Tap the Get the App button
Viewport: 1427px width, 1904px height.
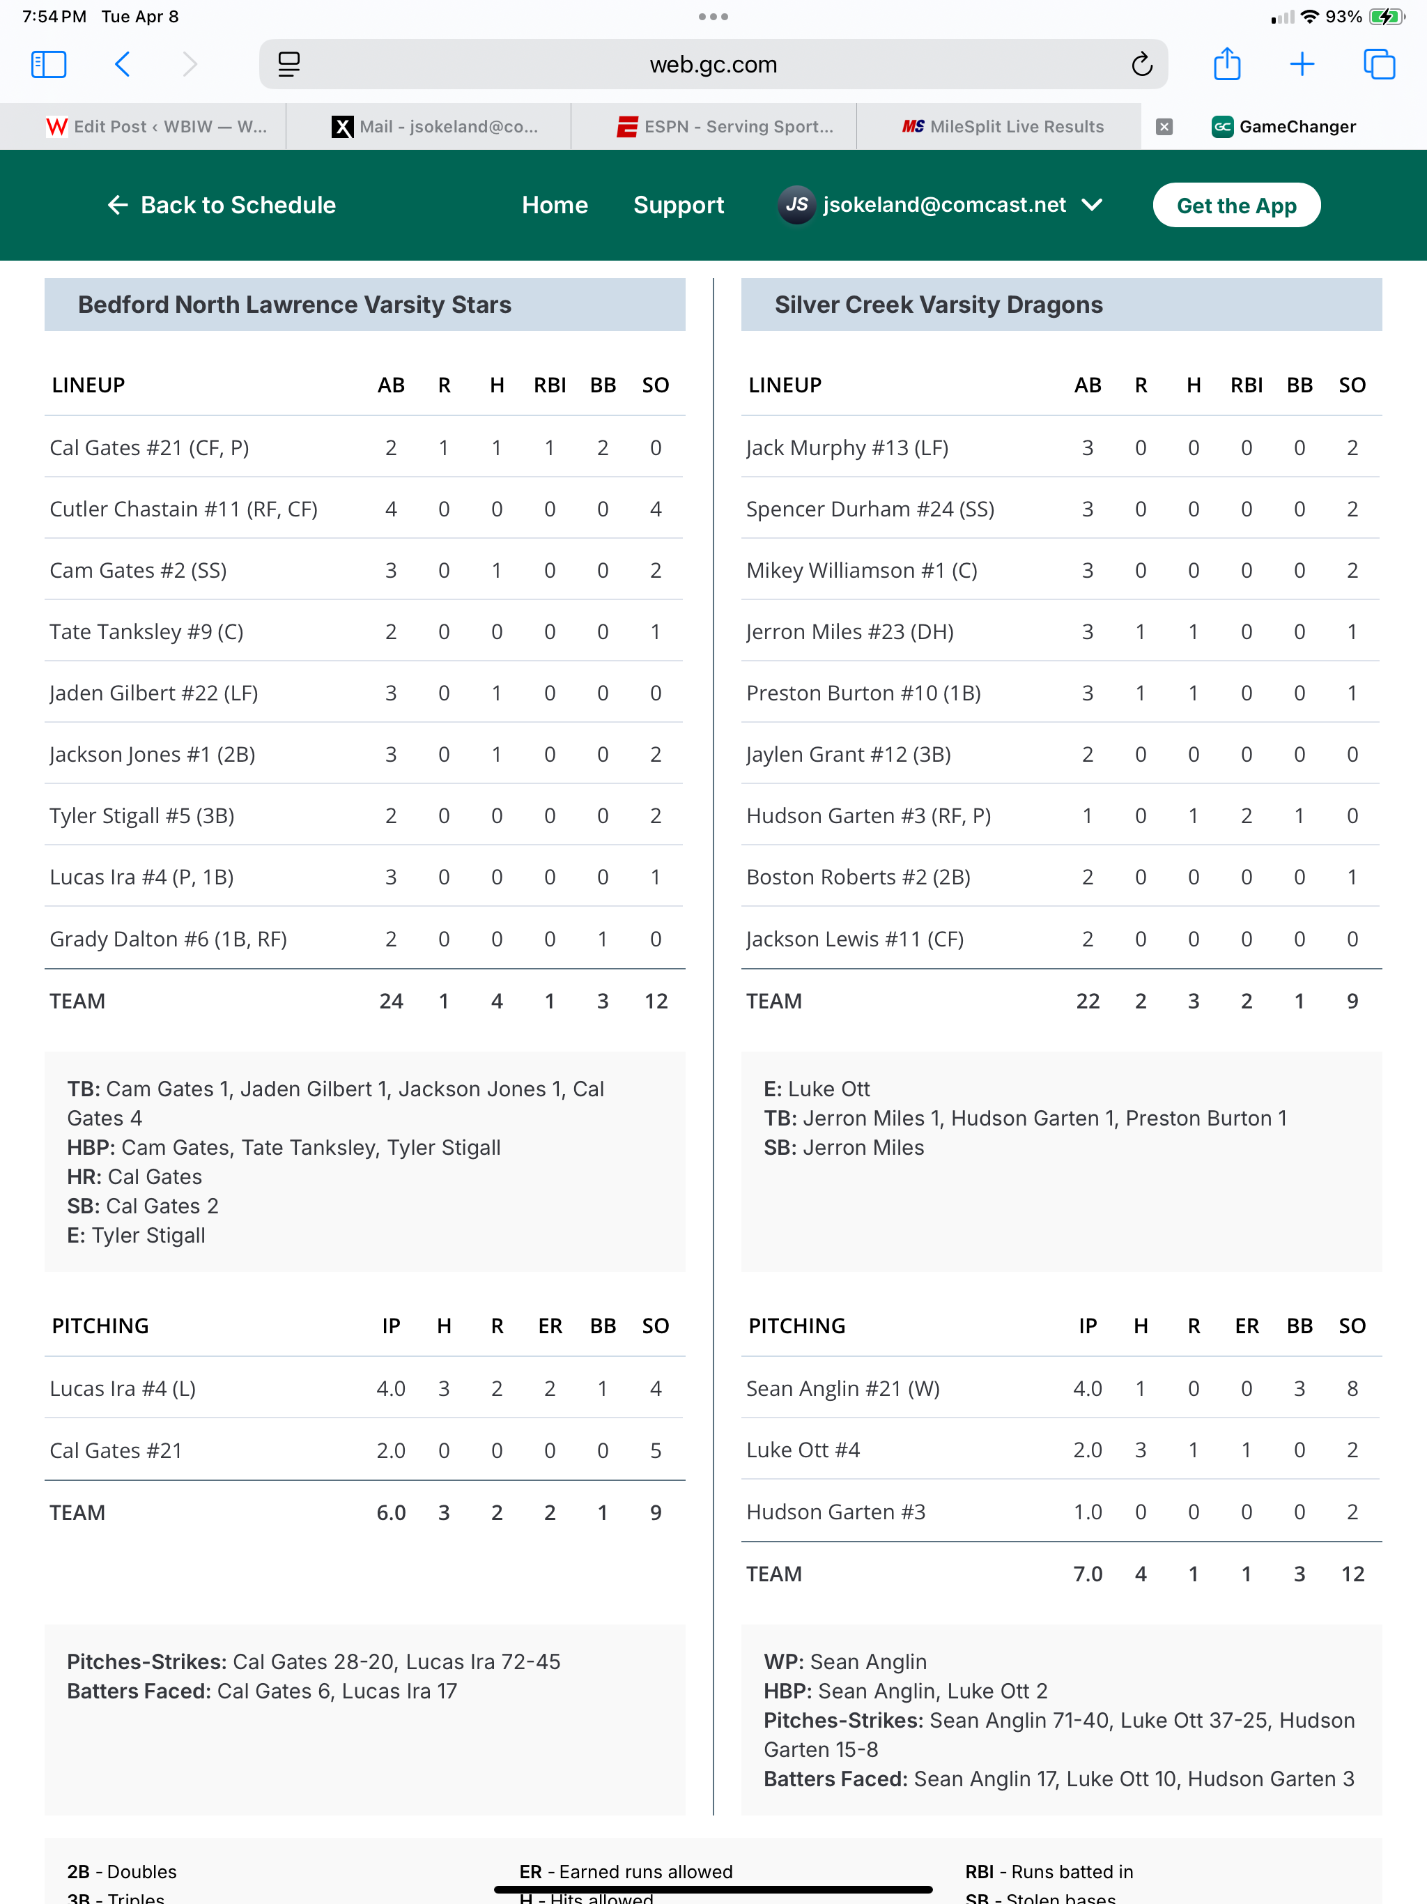coord(1236,206)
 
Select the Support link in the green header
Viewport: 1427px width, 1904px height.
coord(678,206)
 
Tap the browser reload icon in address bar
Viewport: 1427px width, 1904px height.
coord(1141,65)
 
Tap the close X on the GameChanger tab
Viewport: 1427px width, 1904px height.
coord(1164,128)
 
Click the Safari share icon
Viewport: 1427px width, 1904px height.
coord(1226,65)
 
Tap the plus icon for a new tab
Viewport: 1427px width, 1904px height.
coord(1302,65)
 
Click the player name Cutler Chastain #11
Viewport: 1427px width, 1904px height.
coord(183,509)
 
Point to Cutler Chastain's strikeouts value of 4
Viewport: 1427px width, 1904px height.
coord(656,509)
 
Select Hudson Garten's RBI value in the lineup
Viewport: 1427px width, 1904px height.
coord(1247,816)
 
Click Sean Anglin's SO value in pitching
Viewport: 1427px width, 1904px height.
coord(1352,1388)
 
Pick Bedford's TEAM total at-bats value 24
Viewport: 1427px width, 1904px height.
coord(391,1001)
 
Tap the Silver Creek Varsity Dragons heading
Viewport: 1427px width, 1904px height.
coord(938,305)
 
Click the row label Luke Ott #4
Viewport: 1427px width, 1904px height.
coord(803,1450)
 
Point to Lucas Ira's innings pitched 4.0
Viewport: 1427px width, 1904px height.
coord(391,1388)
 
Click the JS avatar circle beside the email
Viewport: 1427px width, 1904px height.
coord(796,206)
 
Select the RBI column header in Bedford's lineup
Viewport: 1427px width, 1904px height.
coord(549,385)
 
